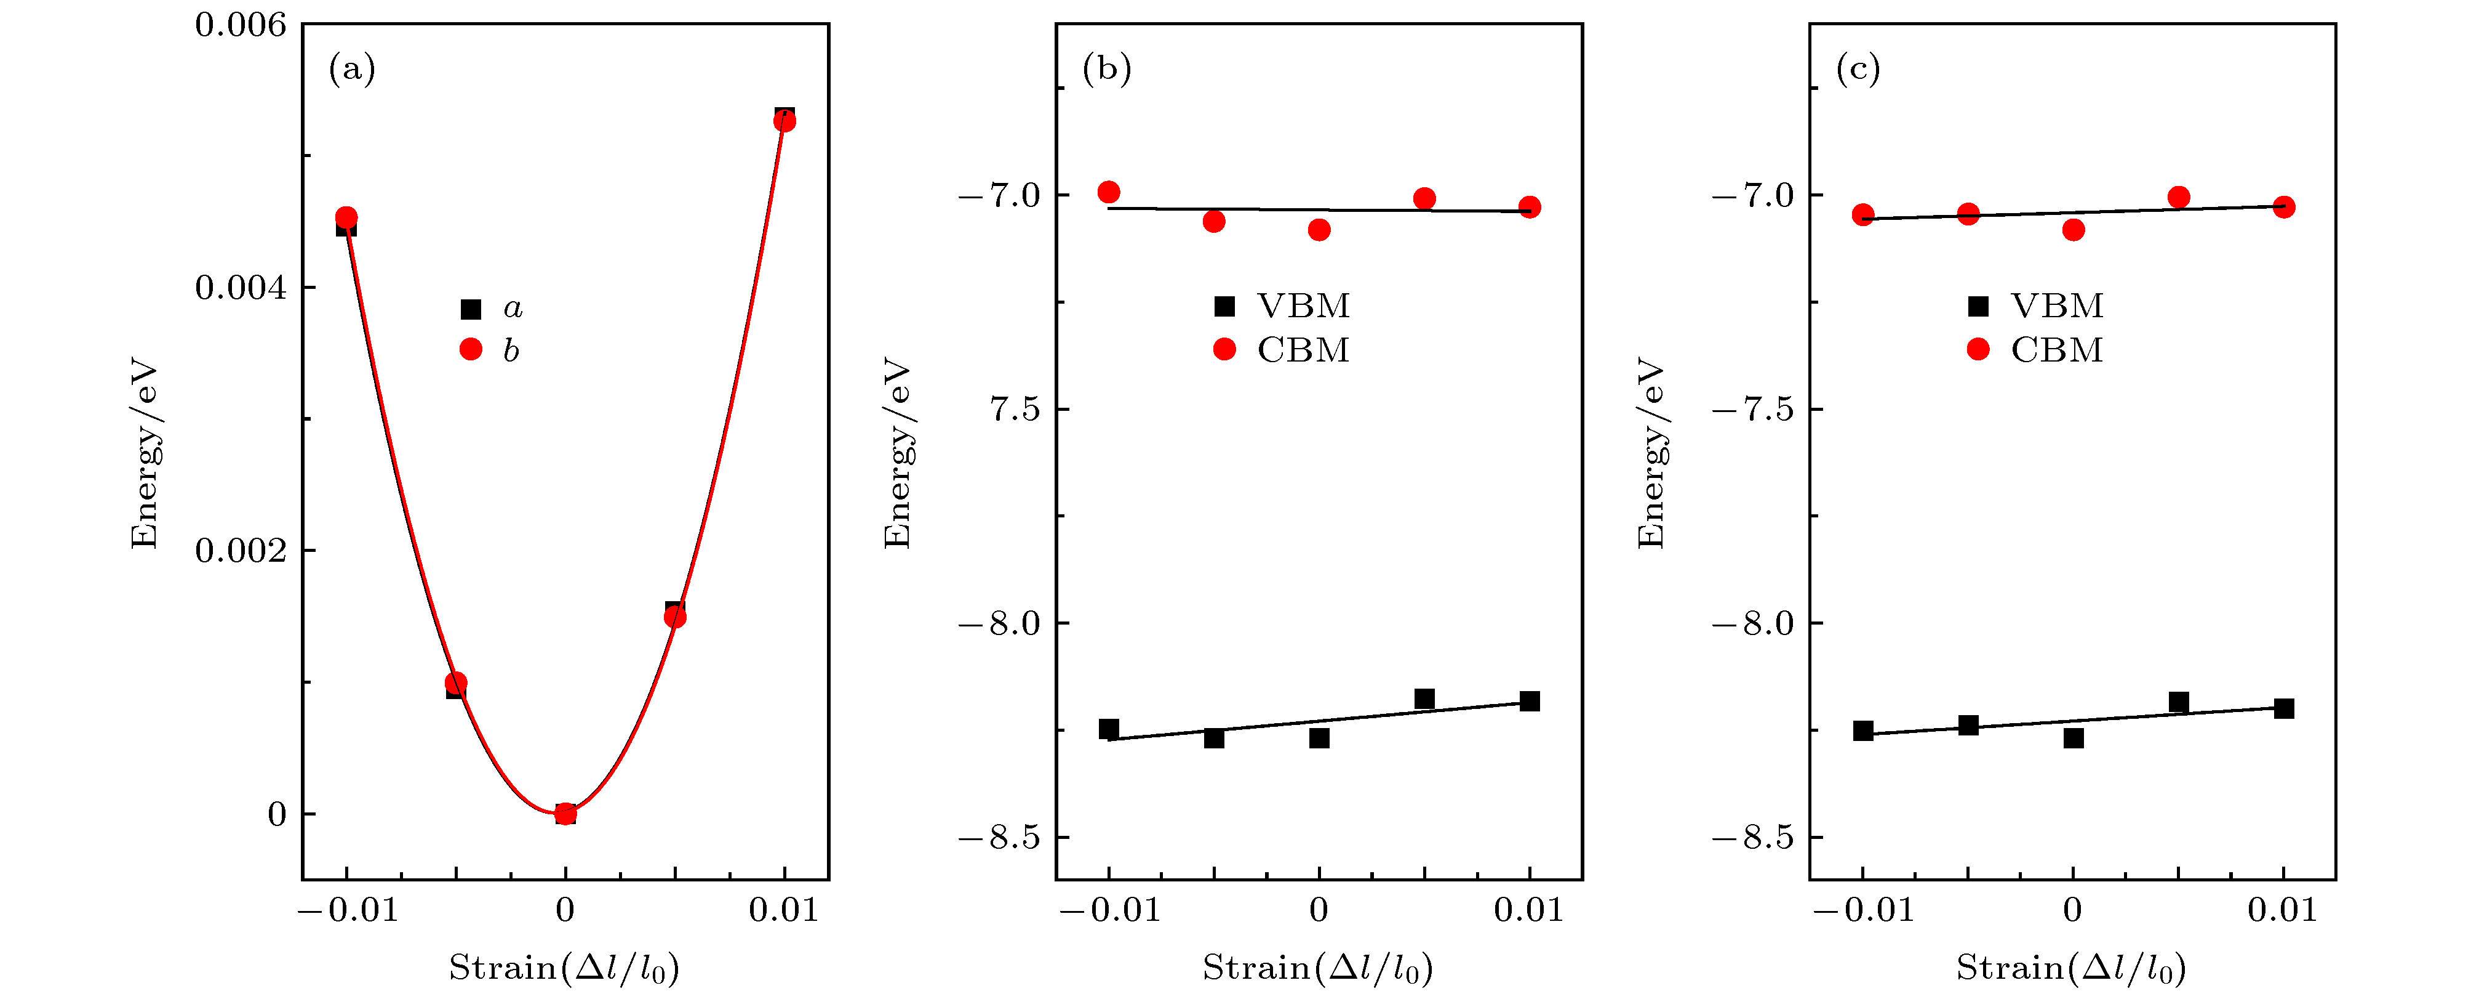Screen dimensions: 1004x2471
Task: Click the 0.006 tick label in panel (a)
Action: [x=240, y=25]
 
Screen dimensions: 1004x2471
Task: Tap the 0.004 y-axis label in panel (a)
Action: [x=240, y=288]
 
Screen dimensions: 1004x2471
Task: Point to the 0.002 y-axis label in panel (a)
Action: [x=240, y=551]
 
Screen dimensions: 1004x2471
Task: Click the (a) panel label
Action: [x=352, y=69]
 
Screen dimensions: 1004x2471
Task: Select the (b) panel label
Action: [x=1106, y=69]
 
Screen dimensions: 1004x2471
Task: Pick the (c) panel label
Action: [x=1858, y=69]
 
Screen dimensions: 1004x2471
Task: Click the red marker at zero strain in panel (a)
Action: [x=565, y=814]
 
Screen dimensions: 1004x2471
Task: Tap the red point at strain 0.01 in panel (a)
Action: [x=784, y=121]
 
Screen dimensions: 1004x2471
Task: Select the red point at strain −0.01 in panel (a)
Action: [x=346, y=219]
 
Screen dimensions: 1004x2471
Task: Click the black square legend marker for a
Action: [x=470, y=309]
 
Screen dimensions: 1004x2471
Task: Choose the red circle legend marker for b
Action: [x=470, y=349]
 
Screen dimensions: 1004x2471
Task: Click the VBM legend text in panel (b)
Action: [x=1303, y=306]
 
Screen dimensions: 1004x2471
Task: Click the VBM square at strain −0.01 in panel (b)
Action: [x=1109, y=729]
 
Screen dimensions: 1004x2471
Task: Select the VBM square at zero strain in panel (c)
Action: [x=2073, y=738]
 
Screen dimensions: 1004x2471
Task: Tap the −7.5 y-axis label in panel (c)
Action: [x=1752, y=410]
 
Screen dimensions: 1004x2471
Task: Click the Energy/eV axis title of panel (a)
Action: [x=144, y=453]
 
